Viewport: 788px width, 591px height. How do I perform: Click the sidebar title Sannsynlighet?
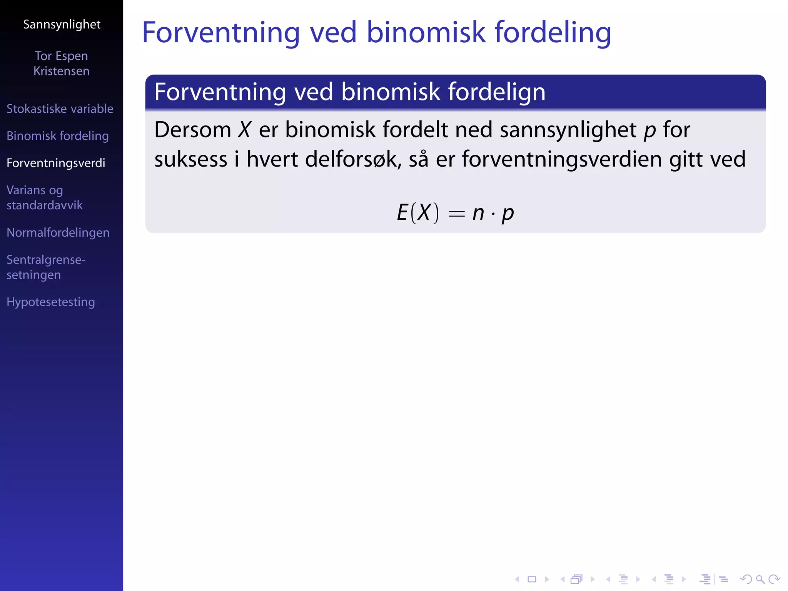[x=62, y=25]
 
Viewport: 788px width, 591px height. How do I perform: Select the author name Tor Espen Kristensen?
[x=62, y=63]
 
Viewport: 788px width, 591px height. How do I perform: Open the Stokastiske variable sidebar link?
[x=60, y=109]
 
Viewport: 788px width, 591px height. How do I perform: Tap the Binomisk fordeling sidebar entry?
[x=58, y=136]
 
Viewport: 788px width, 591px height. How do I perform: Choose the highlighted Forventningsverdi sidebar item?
[x=56, y=163]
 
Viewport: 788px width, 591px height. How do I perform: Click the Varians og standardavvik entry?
[x=44, y=198]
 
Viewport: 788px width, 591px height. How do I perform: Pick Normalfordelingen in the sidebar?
[x=58, y=233]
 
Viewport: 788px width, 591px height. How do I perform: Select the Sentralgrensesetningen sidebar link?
[x=46, y=267]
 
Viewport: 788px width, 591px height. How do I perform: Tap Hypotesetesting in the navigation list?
[x=51, y=302]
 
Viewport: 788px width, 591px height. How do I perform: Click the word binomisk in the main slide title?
[x=426, y=32]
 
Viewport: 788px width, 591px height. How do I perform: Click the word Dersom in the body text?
[x=192, y=130]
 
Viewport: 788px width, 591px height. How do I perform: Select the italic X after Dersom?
[x=244, y=130]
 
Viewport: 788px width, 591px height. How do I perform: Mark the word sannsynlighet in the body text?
[x=568, y=130]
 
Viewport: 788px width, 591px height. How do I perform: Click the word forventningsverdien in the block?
[x=562, y=159]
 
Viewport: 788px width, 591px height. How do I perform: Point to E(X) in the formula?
[x=417, y=213]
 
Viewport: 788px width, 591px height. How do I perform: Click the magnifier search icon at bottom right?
[x=760, y=579]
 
